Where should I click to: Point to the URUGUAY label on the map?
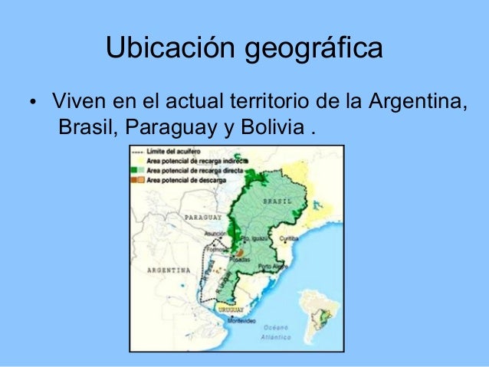[229, 309]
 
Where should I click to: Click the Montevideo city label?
[238, 320]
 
